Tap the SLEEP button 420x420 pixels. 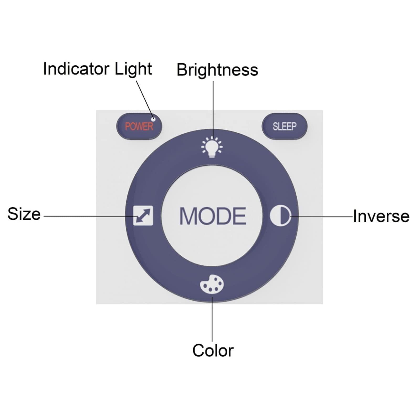coord(285,126)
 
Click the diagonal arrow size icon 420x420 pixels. coord(143,216)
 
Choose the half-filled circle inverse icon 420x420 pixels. coord(281,216)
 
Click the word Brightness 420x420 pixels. coord(217,70)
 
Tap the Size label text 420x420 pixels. coord(24,214)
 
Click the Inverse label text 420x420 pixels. coord(381,216)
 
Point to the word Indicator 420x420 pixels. coord(76,69)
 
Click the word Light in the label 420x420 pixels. coord(133,69)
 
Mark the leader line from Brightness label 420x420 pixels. coord(213,108)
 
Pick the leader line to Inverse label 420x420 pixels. coord(321,216)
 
